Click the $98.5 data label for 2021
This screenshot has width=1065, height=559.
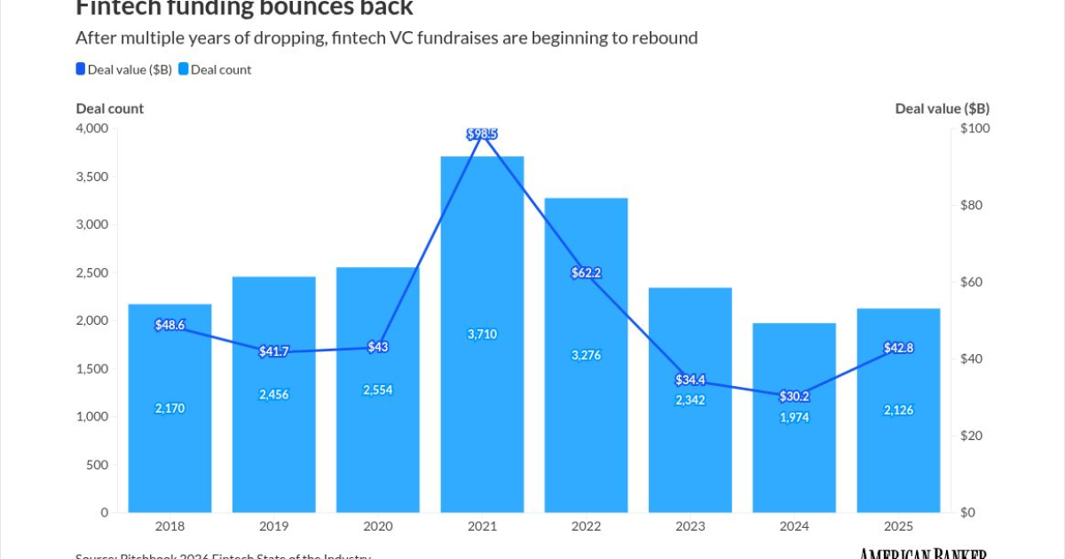(482, 134)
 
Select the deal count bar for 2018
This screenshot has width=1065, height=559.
(170, 444)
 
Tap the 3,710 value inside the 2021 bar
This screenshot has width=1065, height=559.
(482, 335)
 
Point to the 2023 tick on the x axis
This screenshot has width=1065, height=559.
(690, 527)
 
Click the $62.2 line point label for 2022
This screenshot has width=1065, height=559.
(586, 273)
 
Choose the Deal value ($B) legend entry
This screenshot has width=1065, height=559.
(123, 69)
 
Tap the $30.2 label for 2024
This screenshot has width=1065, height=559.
(793, 397)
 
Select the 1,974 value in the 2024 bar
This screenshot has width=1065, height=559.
(793, 417)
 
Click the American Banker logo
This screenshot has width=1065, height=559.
(924, 554)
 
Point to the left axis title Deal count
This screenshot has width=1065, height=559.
(109, 108)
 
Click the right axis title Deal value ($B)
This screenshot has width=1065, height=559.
(942, 108)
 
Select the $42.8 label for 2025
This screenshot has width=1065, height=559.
(898, 348)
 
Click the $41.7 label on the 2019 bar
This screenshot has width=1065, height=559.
(274, 351)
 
